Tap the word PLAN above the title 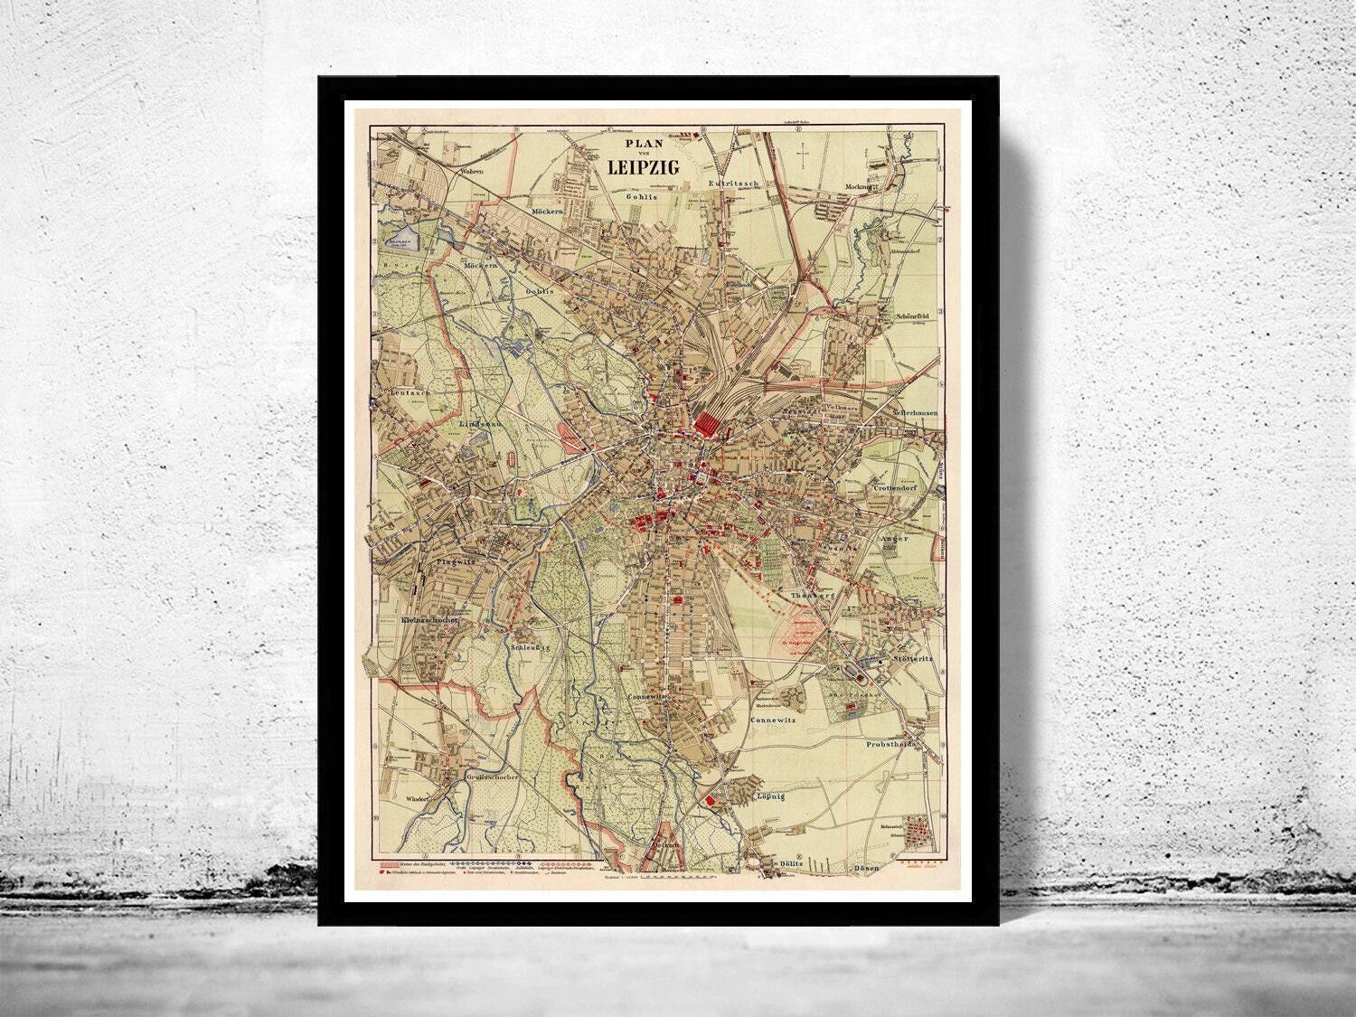click(642, 142)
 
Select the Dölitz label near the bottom click(792, 865)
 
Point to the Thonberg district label click(809, 597)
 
